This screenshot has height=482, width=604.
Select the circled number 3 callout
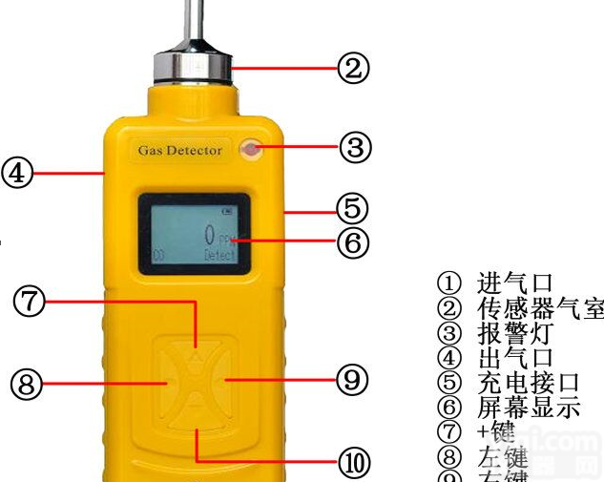point(354,147)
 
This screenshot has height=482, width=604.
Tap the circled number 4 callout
point(17,174)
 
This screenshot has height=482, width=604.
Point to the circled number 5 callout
point(351,207)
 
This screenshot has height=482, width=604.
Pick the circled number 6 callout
point(351,242)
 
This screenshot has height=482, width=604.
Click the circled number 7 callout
point(29,301)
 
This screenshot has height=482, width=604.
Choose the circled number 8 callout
point(27,385)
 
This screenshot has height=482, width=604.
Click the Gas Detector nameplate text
point(179,150)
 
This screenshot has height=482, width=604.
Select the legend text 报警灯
point(513,333)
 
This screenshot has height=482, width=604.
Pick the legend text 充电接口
point(528,383)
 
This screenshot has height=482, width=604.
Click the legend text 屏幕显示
point(528,408)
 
